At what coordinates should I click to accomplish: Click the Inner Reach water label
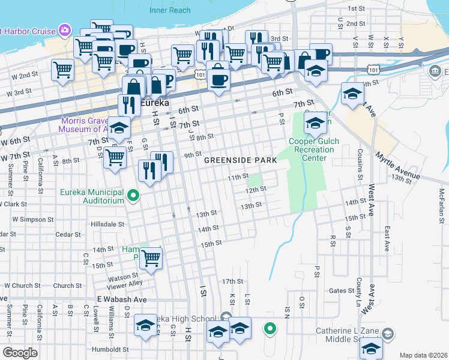[170, 10]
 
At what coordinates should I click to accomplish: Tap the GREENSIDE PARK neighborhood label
[240, 160]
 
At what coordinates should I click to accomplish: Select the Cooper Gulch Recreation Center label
[314, 149]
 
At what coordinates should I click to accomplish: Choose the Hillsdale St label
[107, 224]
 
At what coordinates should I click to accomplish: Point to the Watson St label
[123, 278]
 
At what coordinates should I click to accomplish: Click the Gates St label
[342, 290]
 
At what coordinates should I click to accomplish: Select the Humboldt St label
[110, 349]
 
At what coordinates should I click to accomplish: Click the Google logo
[20, 353]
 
